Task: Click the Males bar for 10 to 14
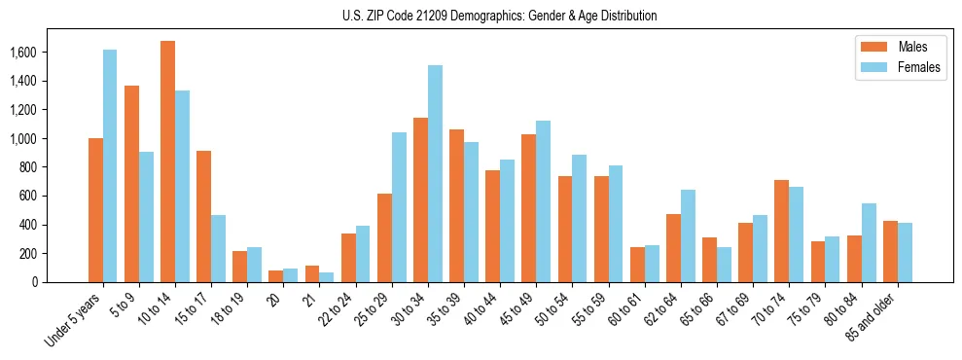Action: coord(167,162)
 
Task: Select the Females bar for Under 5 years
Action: coord(110,165)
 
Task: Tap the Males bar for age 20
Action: coord(275,276)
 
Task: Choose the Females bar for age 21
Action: coord(327,277)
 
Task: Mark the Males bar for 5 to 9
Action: coord(131,184)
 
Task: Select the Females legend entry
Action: coord(899,68)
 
